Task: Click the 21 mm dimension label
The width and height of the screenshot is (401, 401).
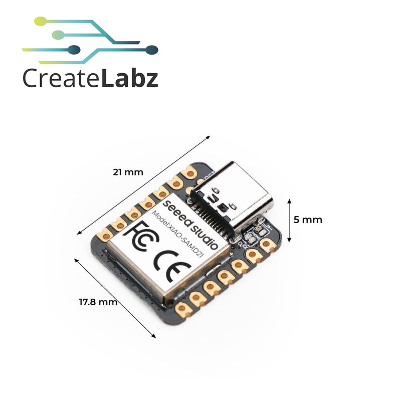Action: pyautogui.click(x=128, y=172)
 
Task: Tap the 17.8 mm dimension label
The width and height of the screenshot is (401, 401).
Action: pyautogui.click(x=98, y=302)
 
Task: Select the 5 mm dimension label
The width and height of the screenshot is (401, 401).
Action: pyautogui.click(x=308, y=220)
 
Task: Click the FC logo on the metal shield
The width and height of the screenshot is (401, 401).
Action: pyautogui.click(x=141, y=236)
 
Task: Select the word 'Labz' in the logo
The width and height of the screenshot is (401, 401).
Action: pyautogui.click(x=129, y=78)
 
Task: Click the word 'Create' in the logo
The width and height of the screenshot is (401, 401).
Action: pyautogui.click(x=61, y=78)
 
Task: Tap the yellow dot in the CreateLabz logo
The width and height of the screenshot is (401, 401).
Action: pyautogui.click(x=41, y=20)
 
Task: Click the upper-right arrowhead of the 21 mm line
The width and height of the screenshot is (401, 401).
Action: pyautogui.click(x=208, y=137)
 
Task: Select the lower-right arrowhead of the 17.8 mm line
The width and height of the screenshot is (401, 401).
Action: pyautogui.click(x=153, y=336)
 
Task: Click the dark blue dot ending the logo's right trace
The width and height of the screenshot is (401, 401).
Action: pyautogui.click(x=152, y=49)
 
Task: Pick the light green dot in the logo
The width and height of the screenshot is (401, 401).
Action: pyautogui.click(x=58, y=34)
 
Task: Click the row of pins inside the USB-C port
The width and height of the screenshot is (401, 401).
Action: pyautogui.click(x=215, y=221)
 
